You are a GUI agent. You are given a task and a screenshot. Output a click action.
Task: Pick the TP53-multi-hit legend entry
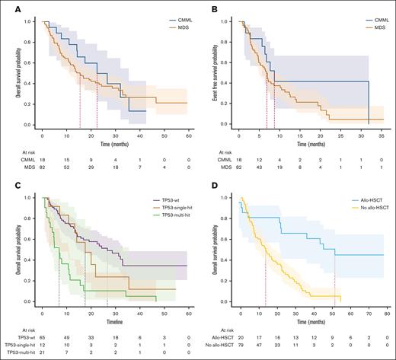pos(173,218)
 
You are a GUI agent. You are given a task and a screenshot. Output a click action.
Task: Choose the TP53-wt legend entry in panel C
pos(168,202)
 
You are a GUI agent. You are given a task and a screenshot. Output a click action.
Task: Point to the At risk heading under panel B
pos(215,150)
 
